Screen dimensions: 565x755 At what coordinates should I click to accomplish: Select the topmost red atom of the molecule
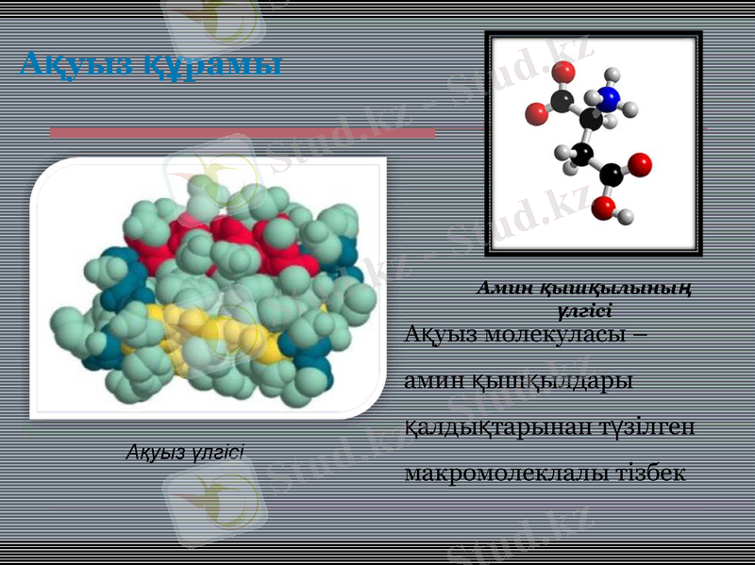tap(563, 72)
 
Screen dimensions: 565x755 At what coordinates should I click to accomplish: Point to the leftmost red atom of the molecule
tap(536, 114)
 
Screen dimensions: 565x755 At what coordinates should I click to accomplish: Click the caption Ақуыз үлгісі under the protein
tap(186, 453)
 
